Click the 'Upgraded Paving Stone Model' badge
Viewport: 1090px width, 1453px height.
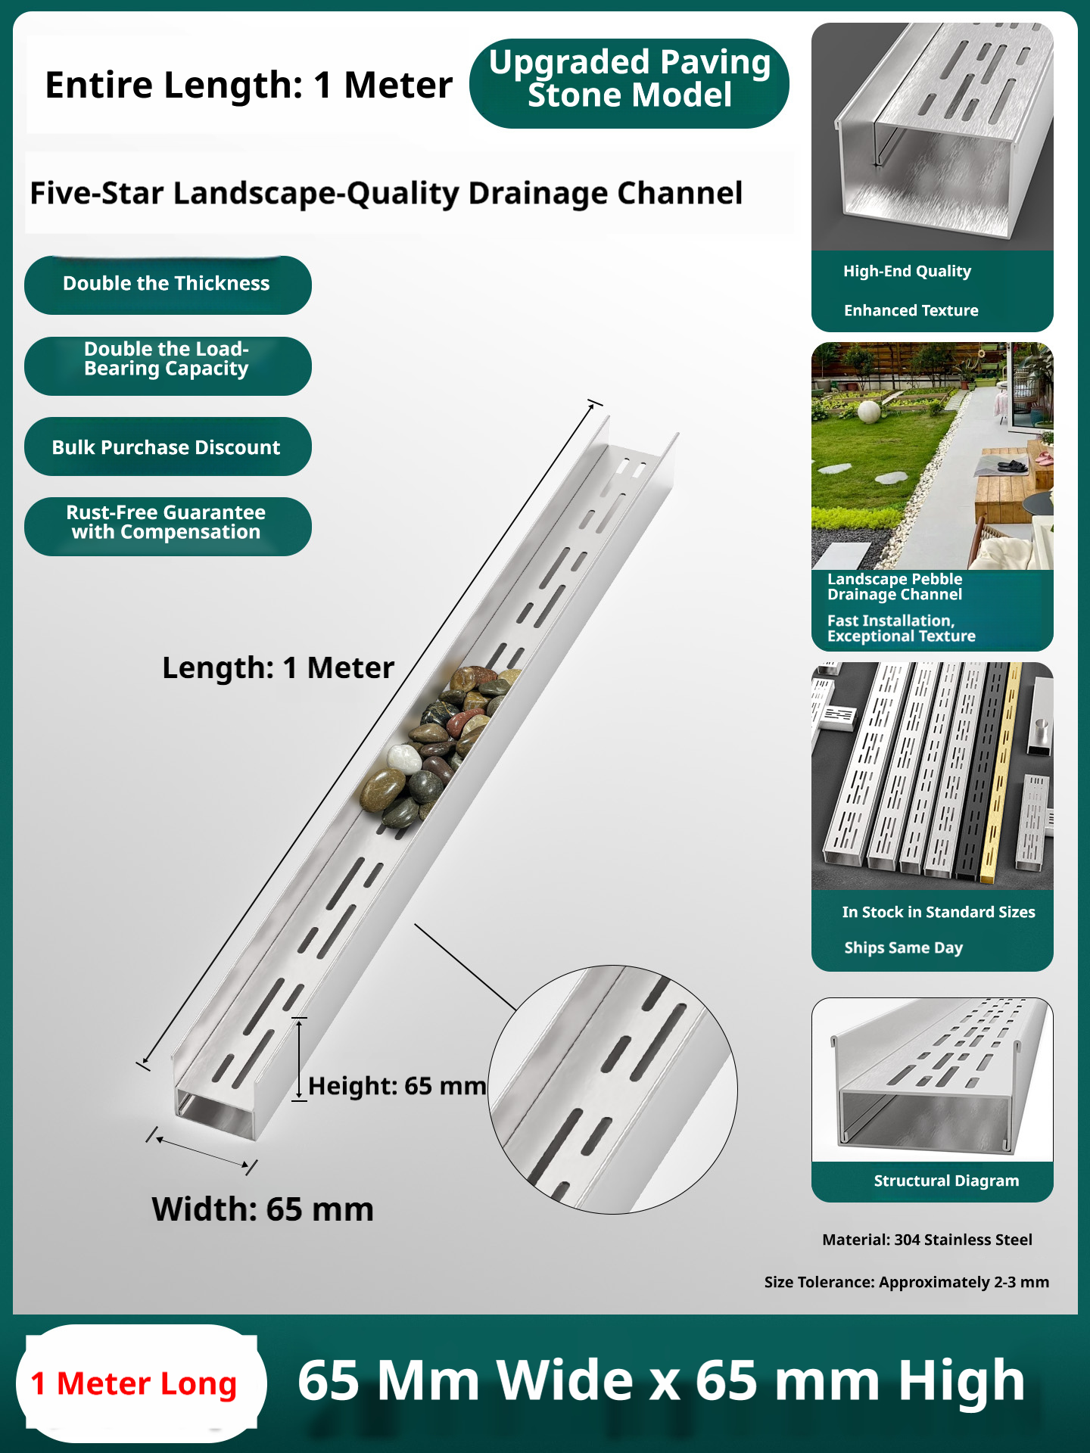[629, 83]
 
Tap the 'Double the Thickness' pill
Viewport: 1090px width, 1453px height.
[167, 285]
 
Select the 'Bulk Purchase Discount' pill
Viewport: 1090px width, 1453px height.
[167, 446]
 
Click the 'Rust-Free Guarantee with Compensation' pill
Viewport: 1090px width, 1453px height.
[167, 526]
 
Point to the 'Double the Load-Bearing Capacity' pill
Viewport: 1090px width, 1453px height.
[167, 366]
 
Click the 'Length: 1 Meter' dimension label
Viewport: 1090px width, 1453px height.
[278, 668]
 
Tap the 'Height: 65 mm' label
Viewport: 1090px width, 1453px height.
[397, 1086]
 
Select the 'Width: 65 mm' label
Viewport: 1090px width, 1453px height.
[263, 1209]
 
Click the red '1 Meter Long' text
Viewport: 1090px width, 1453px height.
[134, 1384]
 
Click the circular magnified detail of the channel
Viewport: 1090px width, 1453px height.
[612, 1090]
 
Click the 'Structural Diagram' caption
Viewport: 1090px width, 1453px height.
[946, 1181]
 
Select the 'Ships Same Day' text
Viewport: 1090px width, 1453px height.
[903, 947]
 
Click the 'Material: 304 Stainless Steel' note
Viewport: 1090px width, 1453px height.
[927, 1240]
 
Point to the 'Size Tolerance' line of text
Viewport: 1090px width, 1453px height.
[907, 1282]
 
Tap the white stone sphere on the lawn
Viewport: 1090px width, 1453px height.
[868, 412]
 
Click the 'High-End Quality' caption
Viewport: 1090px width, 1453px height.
[907, 271]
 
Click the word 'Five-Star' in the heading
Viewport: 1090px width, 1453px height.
[97, 193]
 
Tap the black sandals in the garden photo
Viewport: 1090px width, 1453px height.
[1012, 465]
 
